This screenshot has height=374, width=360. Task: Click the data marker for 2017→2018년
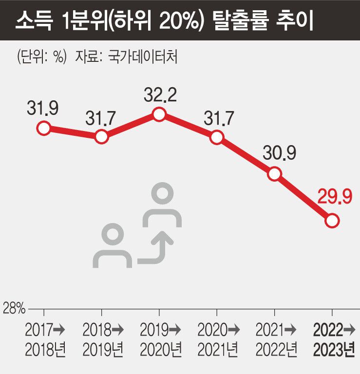tap(44, 128)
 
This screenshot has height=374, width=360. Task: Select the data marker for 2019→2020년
tap(159, 115)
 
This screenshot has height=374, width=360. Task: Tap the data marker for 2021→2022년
tap(274, 174)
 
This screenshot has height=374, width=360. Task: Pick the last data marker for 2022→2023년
tap(332, 221)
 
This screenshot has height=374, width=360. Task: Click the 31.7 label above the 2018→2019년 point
tap(101, 116)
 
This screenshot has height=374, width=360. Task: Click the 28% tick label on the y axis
tap(14, 308)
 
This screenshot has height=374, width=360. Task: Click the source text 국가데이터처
tap(146, 57)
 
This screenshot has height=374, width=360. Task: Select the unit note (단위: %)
tap(41, 57)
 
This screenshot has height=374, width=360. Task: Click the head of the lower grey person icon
tap(113, 236)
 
